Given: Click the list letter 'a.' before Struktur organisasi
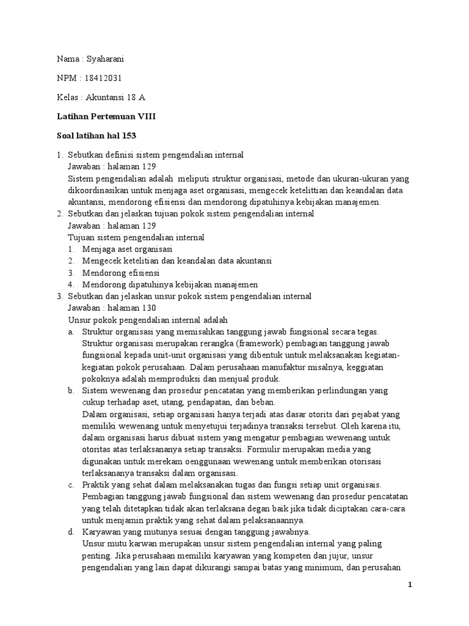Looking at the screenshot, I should point(71,332).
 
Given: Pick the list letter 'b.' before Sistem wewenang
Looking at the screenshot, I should point(71,391).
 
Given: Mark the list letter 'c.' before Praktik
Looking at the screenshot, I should point(71,485).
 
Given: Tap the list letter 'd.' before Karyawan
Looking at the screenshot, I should point(71,532).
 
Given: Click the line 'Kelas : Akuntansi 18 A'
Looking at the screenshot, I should point(101,98).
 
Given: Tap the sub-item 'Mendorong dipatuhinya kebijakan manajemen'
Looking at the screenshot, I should point(170,284).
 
